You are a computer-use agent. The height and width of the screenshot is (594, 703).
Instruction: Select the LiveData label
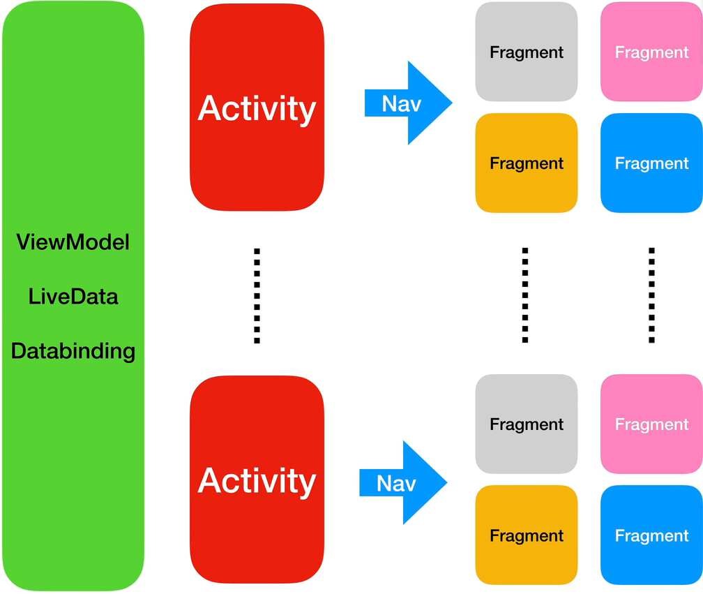point(73,297)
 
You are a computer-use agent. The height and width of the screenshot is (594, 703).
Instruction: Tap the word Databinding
point(73,350)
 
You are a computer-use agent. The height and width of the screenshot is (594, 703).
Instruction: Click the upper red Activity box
point(257,108)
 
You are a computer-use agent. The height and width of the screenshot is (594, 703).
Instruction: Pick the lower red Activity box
point(257,481)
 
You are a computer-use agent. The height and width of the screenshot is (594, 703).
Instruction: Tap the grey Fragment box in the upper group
point(527,52)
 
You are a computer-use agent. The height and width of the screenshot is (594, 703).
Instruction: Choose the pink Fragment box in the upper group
point(651,52)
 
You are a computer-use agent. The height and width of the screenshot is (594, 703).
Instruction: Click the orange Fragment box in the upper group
point(527,163)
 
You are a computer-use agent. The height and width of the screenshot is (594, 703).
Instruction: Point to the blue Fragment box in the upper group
point(651,163)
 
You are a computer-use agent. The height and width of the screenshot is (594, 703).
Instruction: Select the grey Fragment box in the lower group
point(527,424)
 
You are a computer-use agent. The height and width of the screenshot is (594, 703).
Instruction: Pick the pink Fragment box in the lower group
point(651,424)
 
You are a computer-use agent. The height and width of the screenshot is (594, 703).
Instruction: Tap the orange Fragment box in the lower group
point(527,536)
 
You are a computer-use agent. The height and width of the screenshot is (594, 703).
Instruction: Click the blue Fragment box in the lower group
point(651,536)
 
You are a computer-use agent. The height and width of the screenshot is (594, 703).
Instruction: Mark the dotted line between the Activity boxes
point(257,295)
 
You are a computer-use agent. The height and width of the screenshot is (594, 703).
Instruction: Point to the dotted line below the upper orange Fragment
point(525,295)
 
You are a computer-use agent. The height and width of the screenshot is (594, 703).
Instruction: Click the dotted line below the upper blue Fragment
point(651,295)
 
